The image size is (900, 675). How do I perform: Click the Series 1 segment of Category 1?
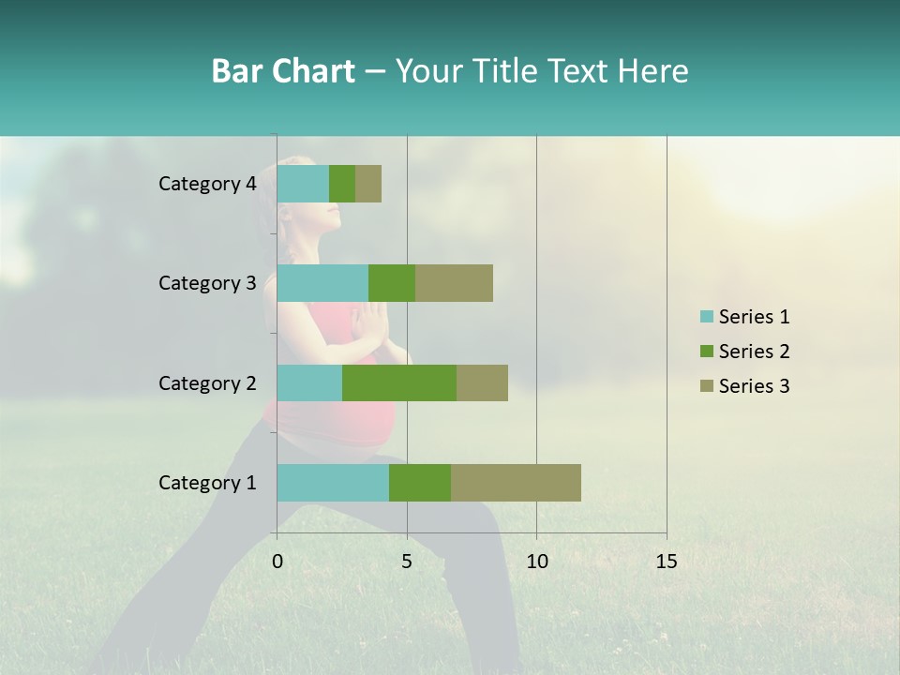pos(333,483)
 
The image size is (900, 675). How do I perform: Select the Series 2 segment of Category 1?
pos(420,483)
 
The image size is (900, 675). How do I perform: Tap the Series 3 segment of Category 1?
pos(516,483)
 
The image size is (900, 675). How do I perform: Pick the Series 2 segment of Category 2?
pos(399,382)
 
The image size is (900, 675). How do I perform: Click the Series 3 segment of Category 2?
pos(482,382)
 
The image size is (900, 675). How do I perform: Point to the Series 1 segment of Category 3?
pos(322,283)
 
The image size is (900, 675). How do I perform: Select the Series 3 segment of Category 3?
pos(454,283)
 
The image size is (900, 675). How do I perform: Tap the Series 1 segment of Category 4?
pos(303,184)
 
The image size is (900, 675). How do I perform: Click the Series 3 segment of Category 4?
pos(368,184)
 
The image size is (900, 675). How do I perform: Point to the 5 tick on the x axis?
pos(407,562)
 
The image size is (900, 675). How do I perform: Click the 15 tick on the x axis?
pos(667,562)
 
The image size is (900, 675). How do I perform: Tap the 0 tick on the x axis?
pos(277,562)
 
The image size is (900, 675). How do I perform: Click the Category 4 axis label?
pos(207,184)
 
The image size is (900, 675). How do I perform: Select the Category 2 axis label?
pos(207,382)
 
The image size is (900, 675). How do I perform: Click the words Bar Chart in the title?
pos(283,71)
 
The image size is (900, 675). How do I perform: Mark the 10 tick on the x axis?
pos(536,562)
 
